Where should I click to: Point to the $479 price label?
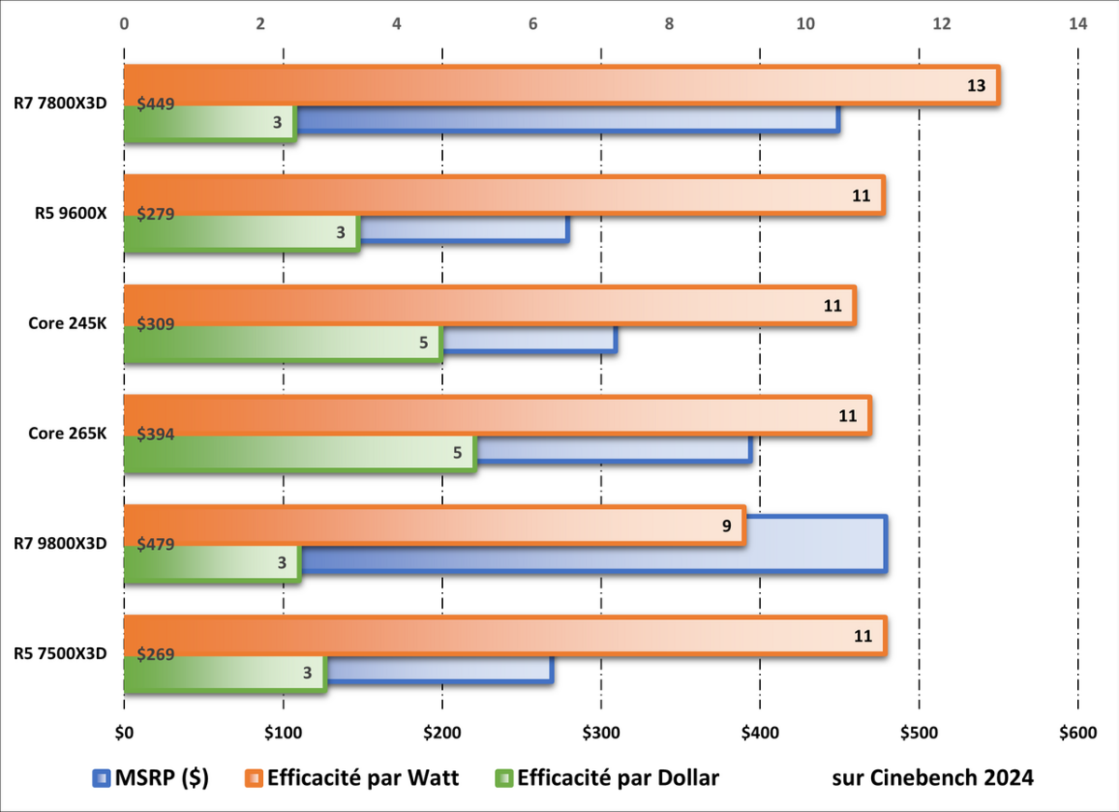pyautogui.click(x=156, y=544)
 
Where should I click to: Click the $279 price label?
pyautogui.click(x=156, y=213)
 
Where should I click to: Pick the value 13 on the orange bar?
pyautogui.click(x=975, y=86)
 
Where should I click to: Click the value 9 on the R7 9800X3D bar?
pyautogui.click(x=725, y=525)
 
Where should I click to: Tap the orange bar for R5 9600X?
pyautogui.click(x=504, y=195)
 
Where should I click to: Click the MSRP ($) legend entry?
pyautogui.click(x=150, y=778)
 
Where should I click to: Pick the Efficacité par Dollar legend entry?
pyautogui.click(x=608, y=778)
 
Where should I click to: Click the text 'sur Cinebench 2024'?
pyautogui.click(x=932, y=778)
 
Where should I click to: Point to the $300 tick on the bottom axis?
pyautogui.click(x=601, y=733)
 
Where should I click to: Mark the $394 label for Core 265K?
pyautogui.click(x=156, y=434)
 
